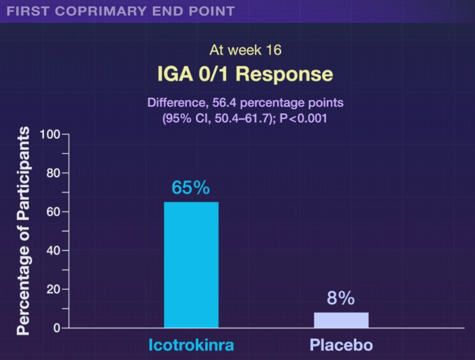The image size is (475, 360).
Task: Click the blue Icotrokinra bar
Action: [x=191, y=265]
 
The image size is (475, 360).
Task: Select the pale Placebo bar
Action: [x=341, y=320]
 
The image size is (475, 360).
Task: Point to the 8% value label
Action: [x=341, y=299]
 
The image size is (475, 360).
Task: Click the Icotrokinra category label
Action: [x=191, y=345]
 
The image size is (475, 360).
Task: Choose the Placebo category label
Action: [x=341, y=345]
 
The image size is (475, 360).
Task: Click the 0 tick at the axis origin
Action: [x=56, y=328]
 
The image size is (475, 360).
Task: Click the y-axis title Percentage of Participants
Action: [x=24, y=230]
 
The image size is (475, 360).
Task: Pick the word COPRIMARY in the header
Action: [x=87, y=11]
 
